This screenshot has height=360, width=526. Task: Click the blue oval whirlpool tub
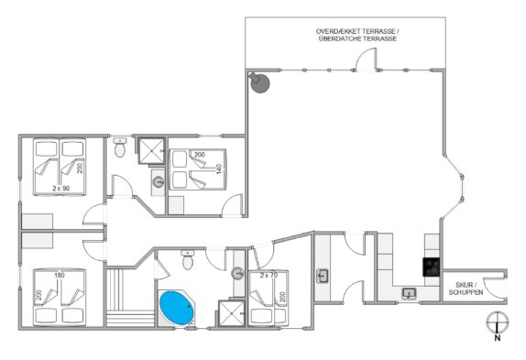point(177,308)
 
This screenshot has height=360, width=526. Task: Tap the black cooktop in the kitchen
point(431,267)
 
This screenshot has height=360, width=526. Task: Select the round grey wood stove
point(259,82)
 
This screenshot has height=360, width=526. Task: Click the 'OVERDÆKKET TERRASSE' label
point(357,31)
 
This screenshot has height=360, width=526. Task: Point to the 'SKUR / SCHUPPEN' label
point(466,289)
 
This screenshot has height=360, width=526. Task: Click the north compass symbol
point(498,326)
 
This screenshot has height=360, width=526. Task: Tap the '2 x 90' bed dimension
point(61,189)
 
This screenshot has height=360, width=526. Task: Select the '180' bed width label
point(60,275)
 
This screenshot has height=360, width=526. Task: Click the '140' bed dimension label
point(219,169)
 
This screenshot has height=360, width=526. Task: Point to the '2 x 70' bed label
point(268,275)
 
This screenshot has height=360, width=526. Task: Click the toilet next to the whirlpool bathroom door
point(188,259)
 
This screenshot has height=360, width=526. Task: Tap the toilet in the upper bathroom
point(120,147)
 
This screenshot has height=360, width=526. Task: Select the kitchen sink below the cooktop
point(409,294)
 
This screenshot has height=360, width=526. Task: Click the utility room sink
point(323,276)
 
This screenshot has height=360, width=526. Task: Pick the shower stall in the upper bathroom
point(151,151)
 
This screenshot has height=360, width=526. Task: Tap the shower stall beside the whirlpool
point(231,313)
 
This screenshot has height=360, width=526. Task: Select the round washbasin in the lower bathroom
point(237,273)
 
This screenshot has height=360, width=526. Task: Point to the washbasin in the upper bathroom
point(158,182)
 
